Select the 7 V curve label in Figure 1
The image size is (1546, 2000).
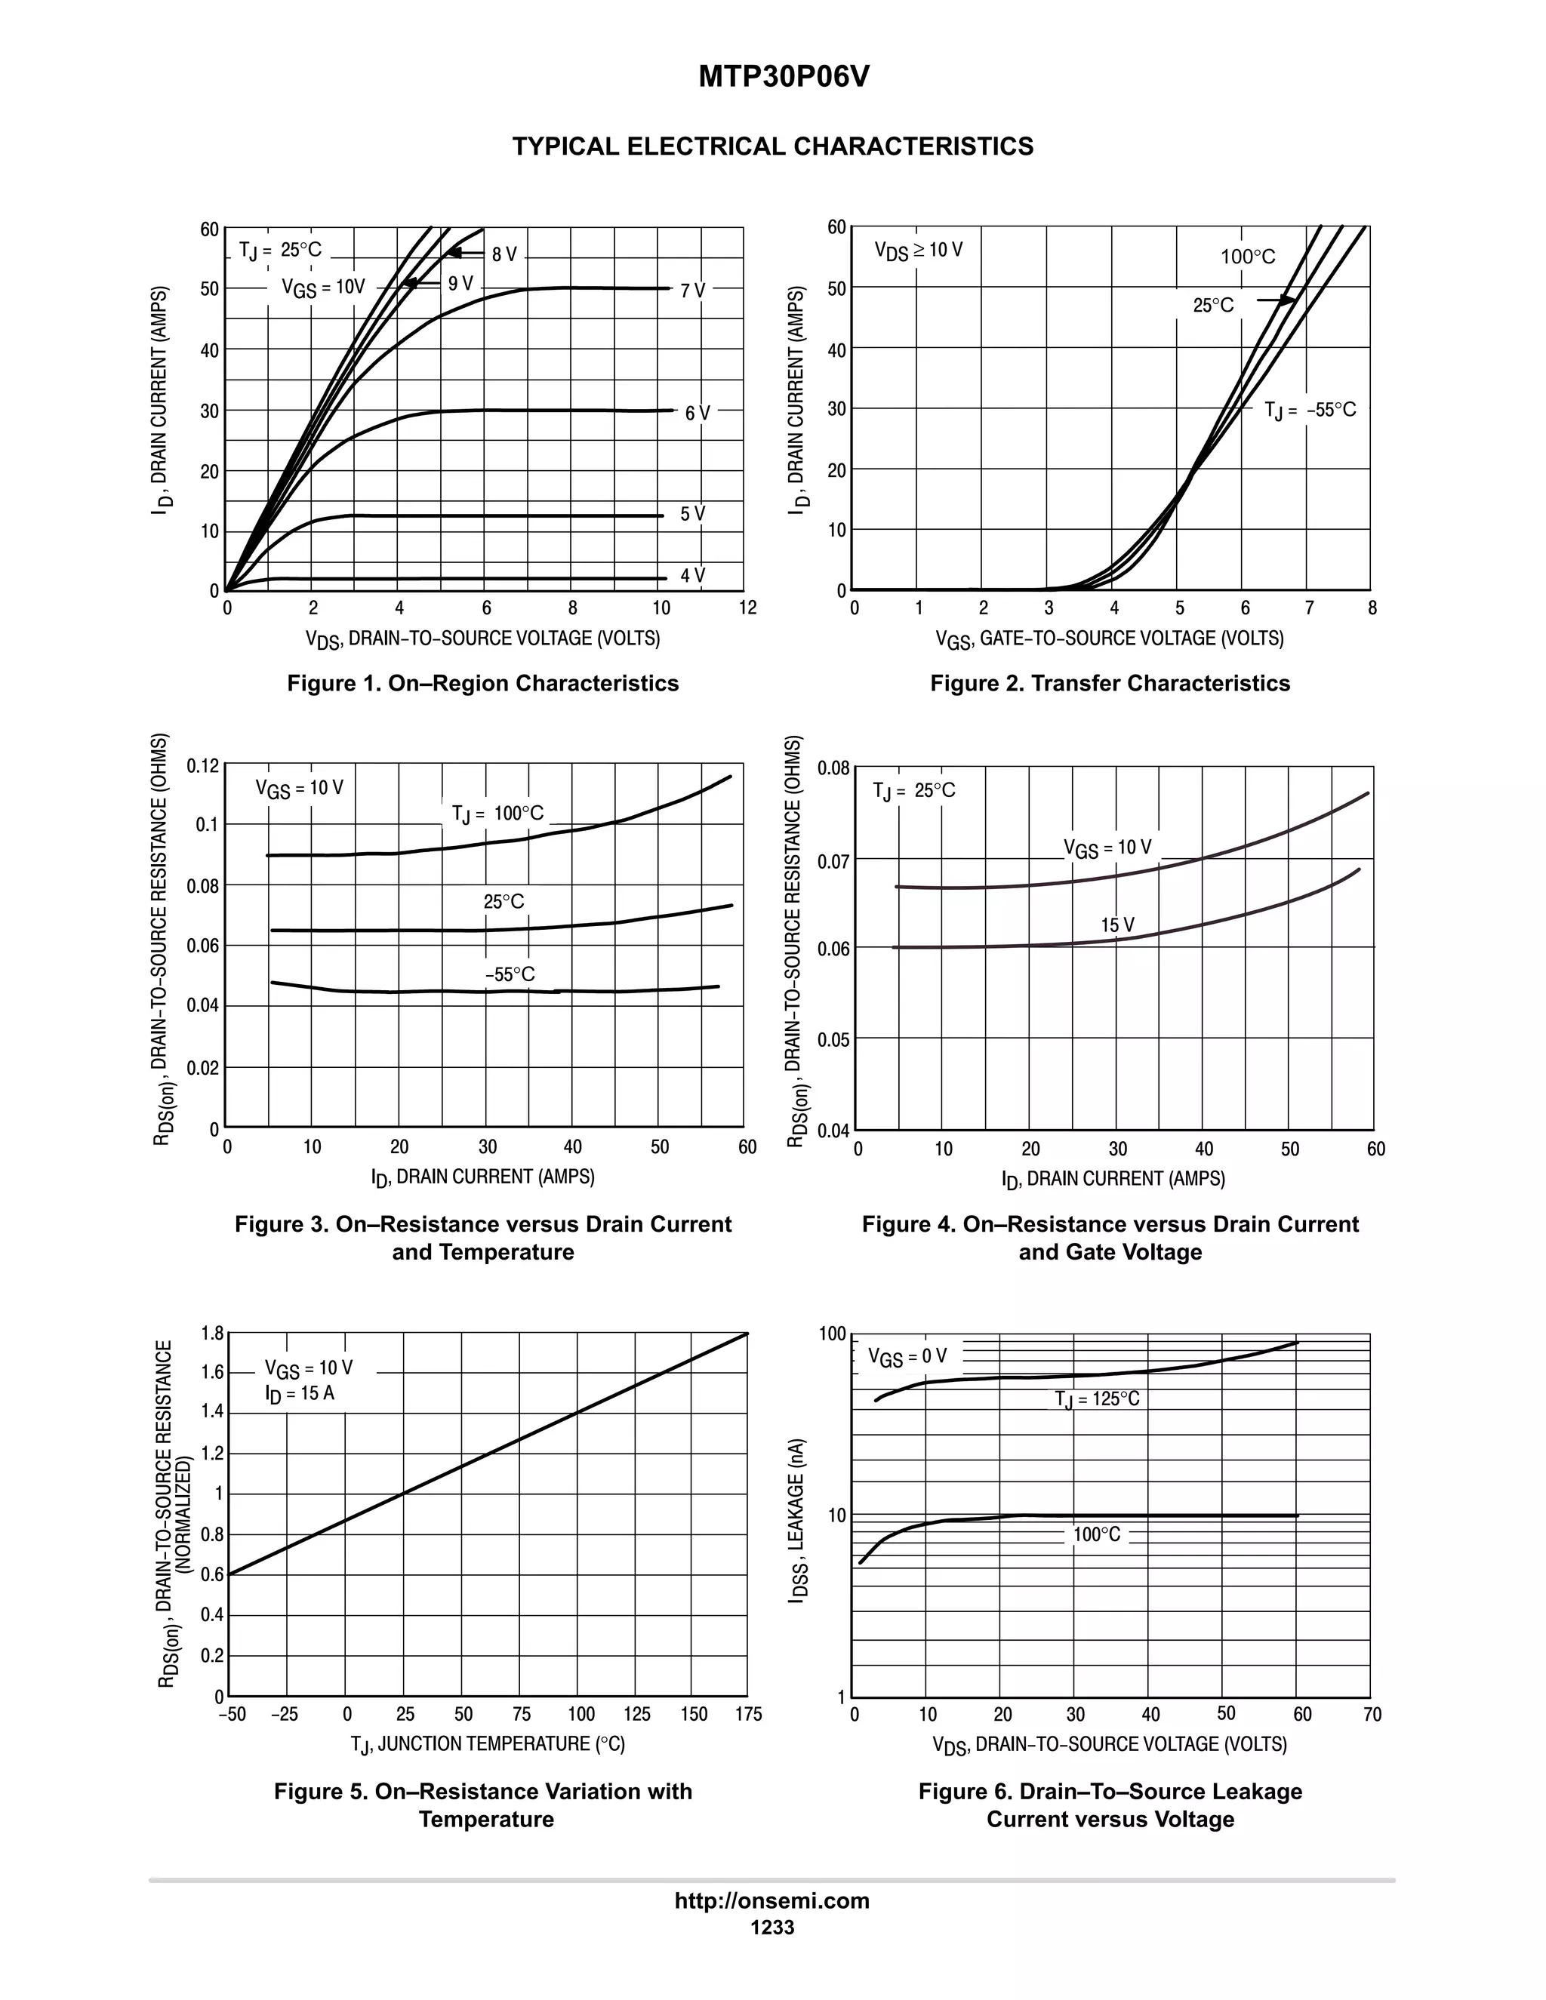coord(692,291)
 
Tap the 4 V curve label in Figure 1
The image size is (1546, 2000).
coord(692,575)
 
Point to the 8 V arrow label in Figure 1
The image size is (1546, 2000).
coord(504,254)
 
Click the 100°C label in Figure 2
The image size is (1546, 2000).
coord(1247,257)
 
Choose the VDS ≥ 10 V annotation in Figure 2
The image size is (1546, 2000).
coord(918,250)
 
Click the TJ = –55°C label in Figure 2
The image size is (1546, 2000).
coord(1310,411)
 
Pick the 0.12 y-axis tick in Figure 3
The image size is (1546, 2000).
coord(203,765)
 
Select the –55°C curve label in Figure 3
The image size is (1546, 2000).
coord(510,974)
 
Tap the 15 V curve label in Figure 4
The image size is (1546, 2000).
coord(1116,925)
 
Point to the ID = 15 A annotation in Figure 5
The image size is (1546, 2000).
coord(300,1393)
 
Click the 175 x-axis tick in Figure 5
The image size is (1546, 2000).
coord(747,1714)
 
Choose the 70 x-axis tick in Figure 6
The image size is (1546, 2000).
coord(1371,1714)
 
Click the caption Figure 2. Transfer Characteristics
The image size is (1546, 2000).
coord(1109,683)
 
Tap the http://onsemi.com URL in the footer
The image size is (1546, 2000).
coord(771,1901)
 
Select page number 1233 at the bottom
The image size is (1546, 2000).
coord(771,1928)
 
